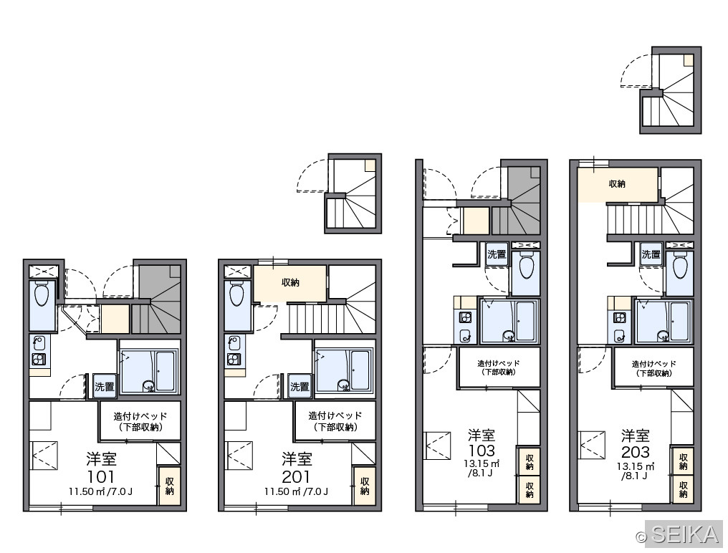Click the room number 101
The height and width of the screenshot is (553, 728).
click(x=101, y=476)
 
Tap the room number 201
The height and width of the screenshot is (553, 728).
click(x=296, y=476)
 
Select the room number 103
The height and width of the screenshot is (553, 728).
click(x=482, y=451)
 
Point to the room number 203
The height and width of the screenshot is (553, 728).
click(x=636, y=451)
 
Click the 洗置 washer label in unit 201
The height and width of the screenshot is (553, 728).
click(x=300, y=386)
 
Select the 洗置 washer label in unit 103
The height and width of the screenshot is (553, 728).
click(x=497, y=254)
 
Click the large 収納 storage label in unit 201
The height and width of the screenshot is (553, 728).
click(x=291, y=282)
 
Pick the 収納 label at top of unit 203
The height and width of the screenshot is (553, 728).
click(x=617, y=184)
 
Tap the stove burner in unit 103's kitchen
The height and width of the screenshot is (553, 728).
click(x=465, y=317)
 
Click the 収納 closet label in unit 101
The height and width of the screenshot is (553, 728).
click(x=170, y=486)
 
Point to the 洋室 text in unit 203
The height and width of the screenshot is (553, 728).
click(x=636, y=436)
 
